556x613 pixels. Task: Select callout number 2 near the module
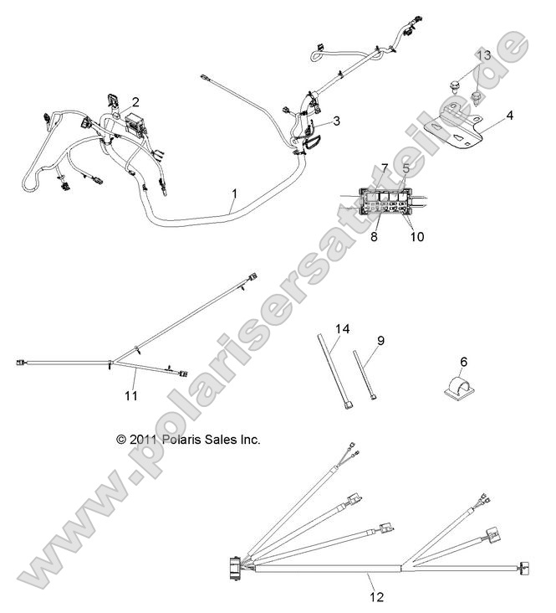coord(135,102)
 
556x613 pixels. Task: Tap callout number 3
coord(336,121)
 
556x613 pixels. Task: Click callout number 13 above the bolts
coord(483,55)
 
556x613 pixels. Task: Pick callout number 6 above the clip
coord(463,362)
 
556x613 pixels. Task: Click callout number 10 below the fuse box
coord(416,237)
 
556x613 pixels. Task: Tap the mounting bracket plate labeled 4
coord(458,130)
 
